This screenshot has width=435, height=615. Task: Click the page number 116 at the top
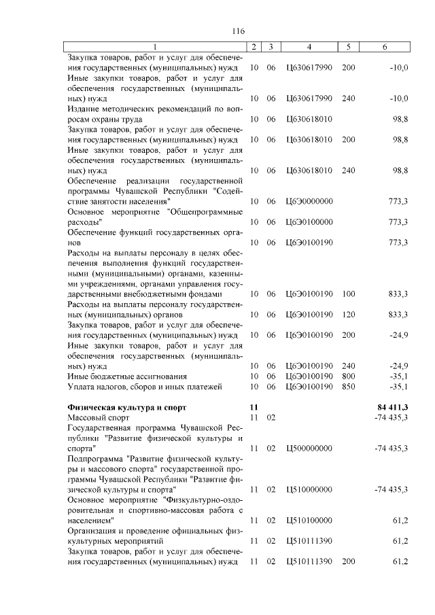pos(237,31)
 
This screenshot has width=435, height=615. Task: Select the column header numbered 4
pos(309,47)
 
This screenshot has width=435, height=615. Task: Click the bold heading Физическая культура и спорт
pos(126,407)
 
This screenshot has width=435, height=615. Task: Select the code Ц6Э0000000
pos(309,202)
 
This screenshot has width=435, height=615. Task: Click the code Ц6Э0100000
pos(309,222)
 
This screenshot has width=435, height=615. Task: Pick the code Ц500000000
pos(309,449)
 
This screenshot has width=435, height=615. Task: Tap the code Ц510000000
pos(309,489)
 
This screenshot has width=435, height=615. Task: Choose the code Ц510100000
pos(309,520)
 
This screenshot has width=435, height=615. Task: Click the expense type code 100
pos(348,294)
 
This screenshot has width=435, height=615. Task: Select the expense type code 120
pos(348,315)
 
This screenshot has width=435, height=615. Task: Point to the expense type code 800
pos(348,376)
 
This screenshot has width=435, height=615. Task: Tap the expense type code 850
pos(348,387)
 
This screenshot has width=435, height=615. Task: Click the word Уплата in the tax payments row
pos(82,387)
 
